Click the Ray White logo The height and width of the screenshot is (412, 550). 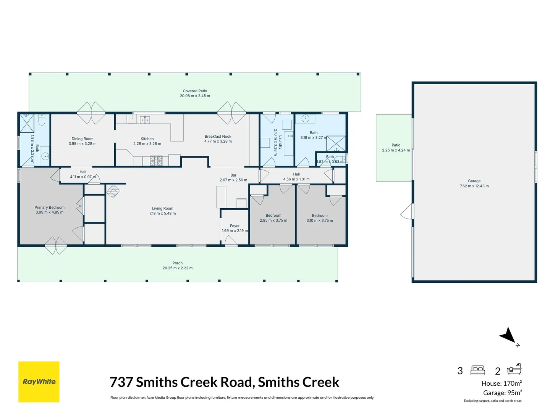tap(39, 381)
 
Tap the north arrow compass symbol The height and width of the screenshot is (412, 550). tap(509, 336)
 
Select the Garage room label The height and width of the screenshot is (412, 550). tap(474, 181)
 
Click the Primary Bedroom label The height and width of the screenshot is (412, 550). tap(50, 208)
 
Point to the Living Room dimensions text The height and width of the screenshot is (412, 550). tap(163, 214)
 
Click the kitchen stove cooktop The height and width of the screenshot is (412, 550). tap(156, 161)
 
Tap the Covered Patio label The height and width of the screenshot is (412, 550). tap(195, 91)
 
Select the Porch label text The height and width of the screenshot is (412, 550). tap(177, 263)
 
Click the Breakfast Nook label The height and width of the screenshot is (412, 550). tap(218, 137)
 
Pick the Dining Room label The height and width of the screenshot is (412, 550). tap(82, 139)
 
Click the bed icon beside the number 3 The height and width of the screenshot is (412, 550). tap(478, 370)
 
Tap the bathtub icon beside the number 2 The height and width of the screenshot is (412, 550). tap(514, 369)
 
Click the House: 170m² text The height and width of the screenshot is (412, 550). tap(501, 383)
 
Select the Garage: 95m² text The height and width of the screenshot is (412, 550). tap(502, 393)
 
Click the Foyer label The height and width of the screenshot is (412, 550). tap(235, 226)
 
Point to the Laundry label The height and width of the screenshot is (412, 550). tap(280, 142)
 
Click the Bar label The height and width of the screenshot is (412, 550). tap(233, 175)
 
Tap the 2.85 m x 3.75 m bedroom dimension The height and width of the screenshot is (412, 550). tap(273, 220)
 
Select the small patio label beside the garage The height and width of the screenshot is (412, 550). tap(396, 145)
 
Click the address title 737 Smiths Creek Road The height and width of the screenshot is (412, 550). tap(224, 382)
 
